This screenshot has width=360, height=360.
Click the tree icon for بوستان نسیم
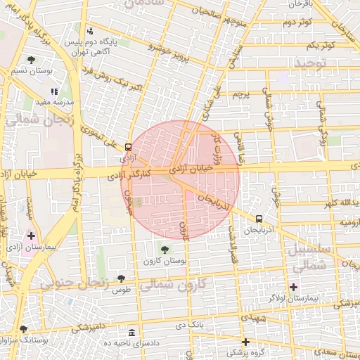pyautogui.click(x=30, y=59)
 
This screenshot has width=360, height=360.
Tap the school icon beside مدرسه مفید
pyautogui.click(x=54, y=91)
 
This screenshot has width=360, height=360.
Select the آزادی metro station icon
pyautogui.click(x=128, y=148)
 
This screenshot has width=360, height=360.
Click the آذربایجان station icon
pyautogui.click(x=259, y=219)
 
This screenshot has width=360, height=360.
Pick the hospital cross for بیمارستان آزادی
pyautogui.click(x=31, y=235)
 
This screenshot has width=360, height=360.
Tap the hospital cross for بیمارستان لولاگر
pyautogui.click(x=293, y=286)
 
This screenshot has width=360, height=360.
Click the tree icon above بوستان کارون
pyautogui.click(x=165, y=249)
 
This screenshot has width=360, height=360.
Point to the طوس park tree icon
pyautogui.click(x=121, y=279)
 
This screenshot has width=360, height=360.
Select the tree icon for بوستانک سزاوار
pyautogui.click(x=24, y=329)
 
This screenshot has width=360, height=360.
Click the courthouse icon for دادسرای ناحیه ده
pyautogui.click(x=132, y=333)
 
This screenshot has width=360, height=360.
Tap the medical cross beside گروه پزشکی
pyautogui.click(x=245, y=342)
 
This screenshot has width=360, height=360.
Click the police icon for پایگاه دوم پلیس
pyautogui.click(x=89, y=31)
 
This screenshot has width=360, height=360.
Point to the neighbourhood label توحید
pyautogui.click(x=311, y=64)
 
